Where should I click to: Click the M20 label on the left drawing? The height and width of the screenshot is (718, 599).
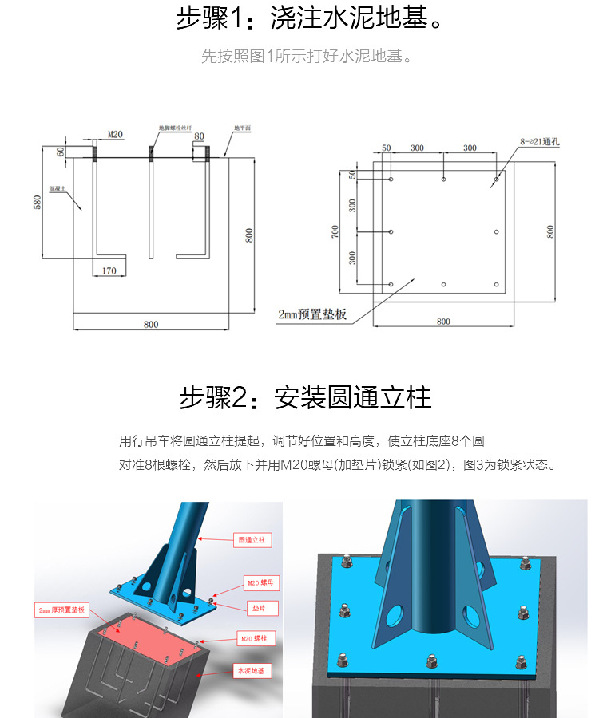(x=115, y=135)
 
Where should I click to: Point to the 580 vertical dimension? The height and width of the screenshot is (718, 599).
(x=37, y=203)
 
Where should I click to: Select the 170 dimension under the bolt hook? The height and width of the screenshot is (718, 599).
(x=109, y=271)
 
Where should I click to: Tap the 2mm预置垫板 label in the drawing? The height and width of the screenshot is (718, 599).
(x=312, y=314)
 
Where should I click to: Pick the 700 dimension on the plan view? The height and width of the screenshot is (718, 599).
(x=335, y=231)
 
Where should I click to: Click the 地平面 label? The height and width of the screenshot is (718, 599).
(x=242, y=128)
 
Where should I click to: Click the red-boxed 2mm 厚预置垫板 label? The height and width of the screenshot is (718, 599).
(x=61, y=610)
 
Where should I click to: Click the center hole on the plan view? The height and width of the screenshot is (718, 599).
(x=443, y=232)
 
